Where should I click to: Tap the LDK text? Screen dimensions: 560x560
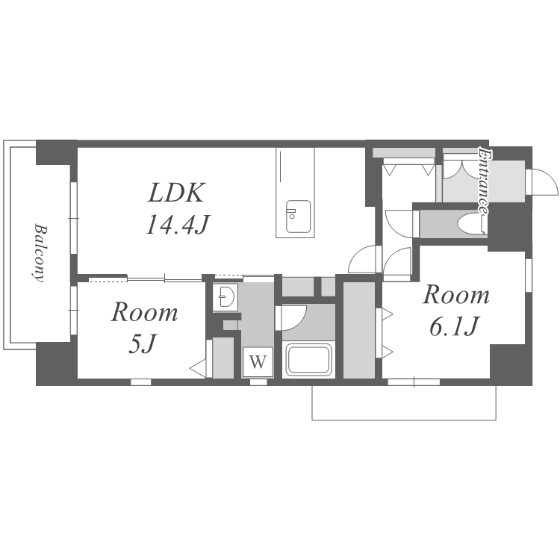(x=176, y=193)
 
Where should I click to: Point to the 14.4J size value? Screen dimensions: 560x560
(x=177, y=224)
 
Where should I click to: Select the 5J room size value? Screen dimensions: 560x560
(x=143, y=343)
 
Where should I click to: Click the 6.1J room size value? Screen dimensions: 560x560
(x=454, y=326)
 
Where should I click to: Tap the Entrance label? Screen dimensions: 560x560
(x=484, y=181)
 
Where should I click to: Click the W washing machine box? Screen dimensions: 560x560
(x=258, y=362)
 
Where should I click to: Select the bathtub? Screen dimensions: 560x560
(x=308, y=359)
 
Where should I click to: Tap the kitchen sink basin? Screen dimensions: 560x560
(x=298, y=216)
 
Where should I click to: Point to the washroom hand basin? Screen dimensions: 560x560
(x=225, y=296)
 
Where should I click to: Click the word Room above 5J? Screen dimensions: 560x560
(x=144, y=312)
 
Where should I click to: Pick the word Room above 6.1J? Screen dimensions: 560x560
(x=456, y=296)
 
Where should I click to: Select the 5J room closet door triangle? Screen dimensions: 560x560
(x=198, y=367)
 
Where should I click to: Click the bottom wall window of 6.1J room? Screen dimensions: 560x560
(x=414, y=382)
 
